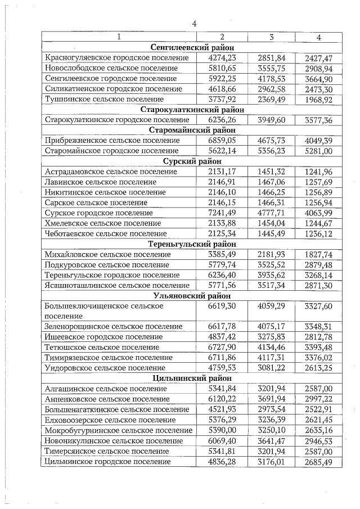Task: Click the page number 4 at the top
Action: click(x=194, y=24)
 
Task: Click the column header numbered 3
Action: click(x=271, y=37)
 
